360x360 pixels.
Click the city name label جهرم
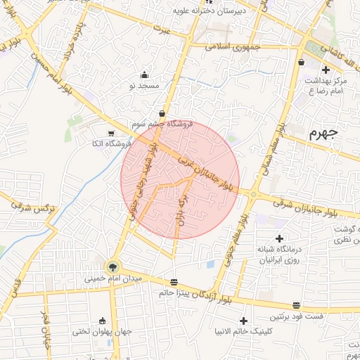coord(323,133)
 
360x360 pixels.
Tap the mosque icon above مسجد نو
coord(145,75)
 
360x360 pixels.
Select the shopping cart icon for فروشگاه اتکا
coord(111,134)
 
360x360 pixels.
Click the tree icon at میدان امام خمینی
coord(112,266)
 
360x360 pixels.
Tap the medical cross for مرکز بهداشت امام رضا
coord(325,70)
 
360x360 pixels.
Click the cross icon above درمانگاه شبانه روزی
coord(279,239)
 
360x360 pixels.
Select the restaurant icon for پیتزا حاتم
coord(174,283)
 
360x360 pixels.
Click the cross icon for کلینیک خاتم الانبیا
coord(243,321)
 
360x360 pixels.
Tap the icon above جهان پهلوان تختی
coord(103,321)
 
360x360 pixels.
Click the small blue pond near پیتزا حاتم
coord(211,265)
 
